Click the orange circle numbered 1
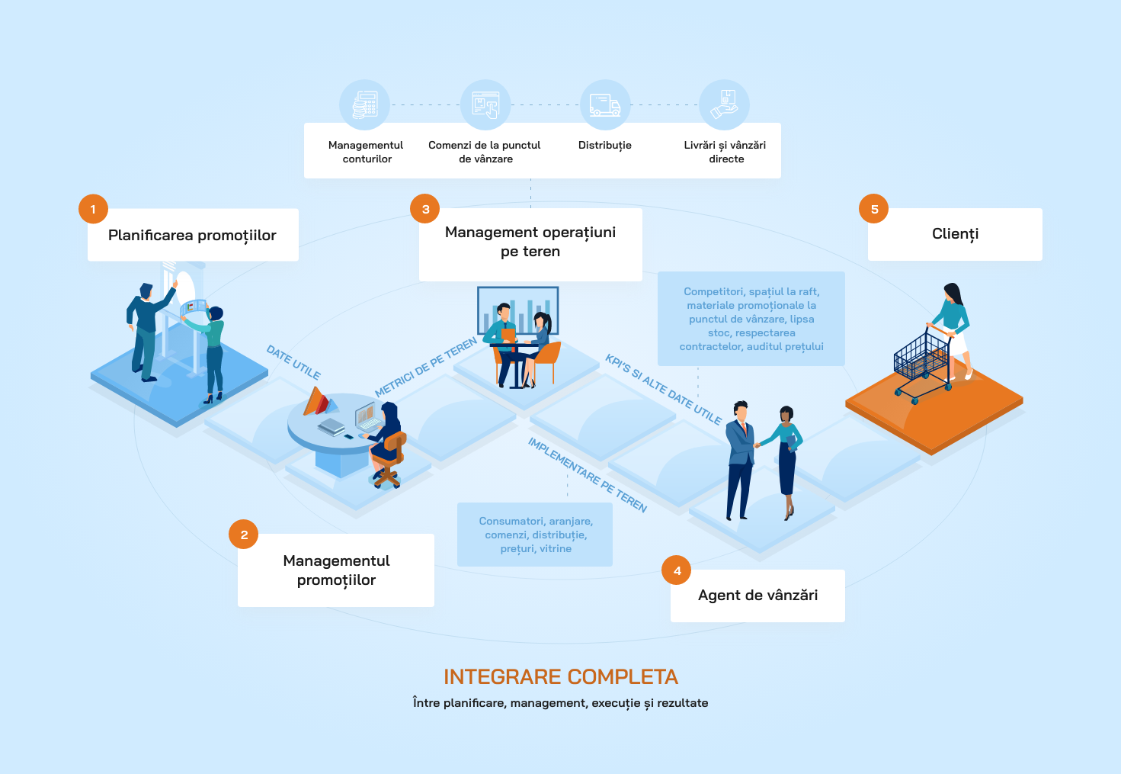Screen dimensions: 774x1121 coord(93,209)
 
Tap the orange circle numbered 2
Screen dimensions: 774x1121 coord(244,535)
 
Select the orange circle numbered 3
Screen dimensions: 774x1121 coord(425,209)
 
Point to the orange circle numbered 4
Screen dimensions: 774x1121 coord(677,570)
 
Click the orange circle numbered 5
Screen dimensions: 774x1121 coord(874,209)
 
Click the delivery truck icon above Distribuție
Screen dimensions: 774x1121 coord(605,105)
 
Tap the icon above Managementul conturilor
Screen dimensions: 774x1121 coord(365,105)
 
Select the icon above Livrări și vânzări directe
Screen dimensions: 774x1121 coord(725,105)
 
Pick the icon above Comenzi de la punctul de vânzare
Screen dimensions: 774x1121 coord(485,105)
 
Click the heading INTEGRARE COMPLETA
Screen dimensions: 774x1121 coord(561,677)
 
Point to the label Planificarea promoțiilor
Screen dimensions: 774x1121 coord(192,236)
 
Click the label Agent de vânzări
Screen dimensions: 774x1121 coord(757,596)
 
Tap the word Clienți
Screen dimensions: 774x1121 coord(955,234)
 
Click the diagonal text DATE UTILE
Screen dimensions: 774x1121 coord(293,362)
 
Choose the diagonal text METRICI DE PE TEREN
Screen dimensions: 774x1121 coord(426,368)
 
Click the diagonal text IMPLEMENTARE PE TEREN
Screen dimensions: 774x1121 coord(588,475)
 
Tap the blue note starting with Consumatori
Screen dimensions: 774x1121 coord(535,535)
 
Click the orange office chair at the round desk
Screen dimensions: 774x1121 coord(389,458)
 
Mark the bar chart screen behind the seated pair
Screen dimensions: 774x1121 coord(518,309)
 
